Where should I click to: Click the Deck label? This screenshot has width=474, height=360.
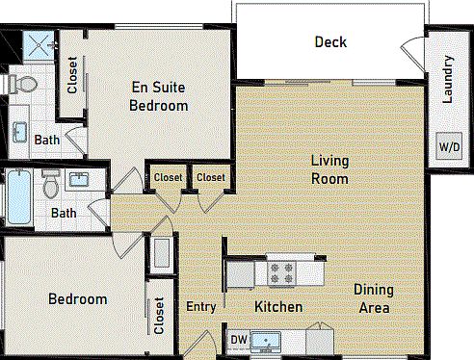[x=329, y=42]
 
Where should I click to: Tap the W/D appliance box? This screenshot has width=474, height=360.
[x=449, y=147]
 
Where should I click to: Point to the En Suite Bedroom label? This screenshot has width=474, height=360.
[x=158, y=96]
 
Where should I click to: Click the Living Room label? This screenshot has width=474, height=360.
[x=329, y=168]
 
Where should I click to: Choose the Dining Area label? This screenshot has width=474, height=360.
[x=371, y=298]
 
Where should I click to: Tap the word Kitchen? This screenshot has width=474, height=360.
[x=278, y=307]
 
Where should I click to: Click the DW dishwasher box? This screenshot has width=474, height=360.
[x=237, y=340]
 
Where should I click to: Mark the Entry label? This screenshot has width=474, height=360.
[x=200, y=307]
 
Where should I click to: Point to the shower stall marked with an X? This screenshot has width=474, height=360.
[x=39, y=44]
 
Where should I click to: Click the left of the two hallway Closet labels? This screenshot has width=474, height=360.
[x=168, y=177]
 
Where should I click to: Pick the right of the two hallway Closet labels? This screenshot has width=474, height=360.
[x=210, y=177]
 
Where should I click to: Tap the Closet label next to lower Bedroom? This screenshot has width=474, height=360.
[x=158, y=316]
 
